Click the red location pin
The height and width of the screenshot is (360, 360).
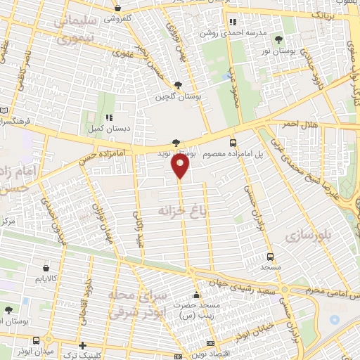[x=181, y=167]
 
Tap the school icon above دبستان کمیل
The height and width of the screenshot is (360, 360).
[x=108, y=118]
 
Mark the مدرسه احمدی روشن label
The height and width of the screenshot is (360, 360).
[x=244, y=33]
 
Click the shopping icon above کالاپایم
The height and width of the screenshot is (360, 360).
[x=46, y=268]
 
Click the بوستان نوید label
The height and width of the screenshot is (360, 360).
[x=174, y=153]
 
